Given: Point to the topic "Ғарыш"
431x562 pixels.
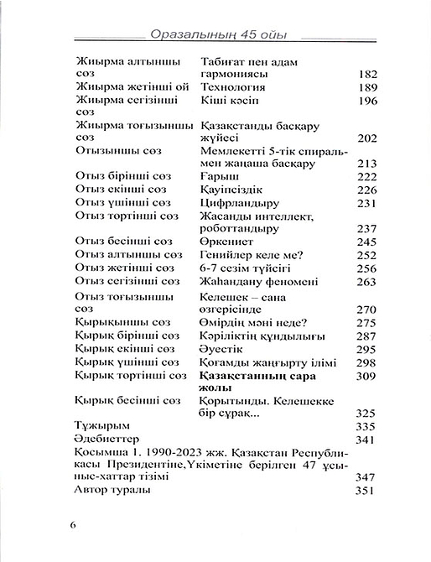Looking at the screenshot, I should [221, 176].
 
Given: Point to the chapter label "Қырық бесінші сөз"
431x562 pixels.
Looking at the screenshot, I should [127, 400].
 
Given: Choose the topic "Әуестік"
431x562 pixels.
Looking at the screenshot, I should [225, 349].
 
